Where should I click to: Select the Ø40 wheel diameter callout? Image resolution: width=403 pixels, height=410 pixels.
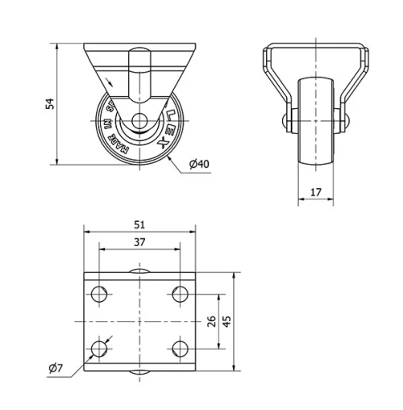tap(199, 164)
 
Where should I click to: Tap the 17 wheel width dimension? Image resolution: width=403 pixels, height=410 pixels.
tap(315, 192)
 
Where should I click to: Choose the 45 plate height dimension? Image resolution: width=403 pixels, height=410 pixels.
tap(227, 321)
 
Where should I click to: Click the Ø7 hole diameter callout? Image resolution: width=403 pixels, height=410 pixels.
tap(56, 368)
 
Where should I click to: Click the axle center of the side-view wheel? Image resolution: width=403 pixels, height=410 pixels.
tap(139, 123)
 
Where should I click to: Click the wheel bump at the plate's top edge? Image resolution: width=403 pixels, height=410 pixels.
tap(138, 273)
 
